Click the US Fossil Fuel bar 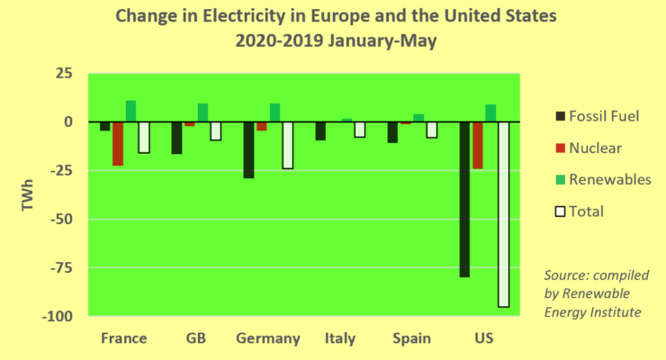(x=464, y=199)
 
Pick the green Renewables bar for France (x=130, y=111)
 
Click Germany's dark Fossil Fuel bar (x=248, y=149)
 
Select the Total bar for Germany (x=287, y=145)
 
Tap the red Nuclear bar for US (x=477, y=145)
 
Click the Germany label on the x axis (x=268, y=338)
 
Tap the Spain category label (x=411, y=338)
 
